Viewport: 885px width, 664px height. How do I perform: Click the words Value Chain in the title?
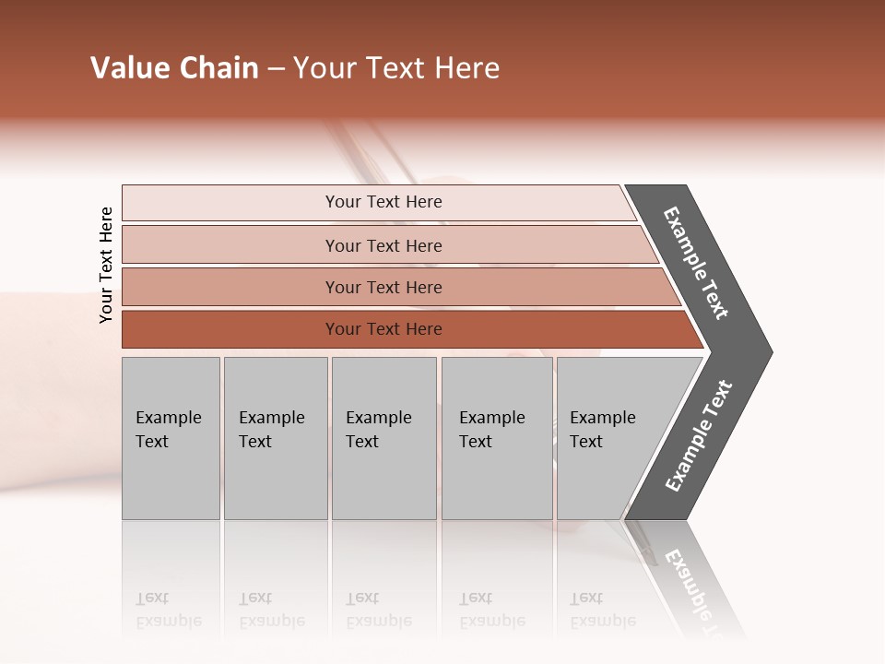click(174, 68)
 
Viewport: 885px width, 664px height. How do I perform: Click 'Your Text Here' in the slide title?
click(396, 68)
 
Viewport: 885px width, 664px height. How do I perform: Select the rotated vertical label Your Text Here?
click(106, 265)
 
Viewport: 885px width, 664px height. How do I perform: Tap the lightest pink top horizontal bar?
click(230, 203)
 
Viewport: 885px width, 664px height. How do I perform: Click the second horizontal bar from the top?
click(230, 245)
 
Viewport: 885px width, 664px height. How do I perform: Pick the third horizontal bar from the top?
click(230, 287)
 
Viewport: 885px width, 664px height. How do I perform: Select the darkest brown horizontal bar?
click(230, 329)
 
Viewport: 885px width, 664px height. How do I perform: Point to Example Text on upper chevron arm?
click(696, 263)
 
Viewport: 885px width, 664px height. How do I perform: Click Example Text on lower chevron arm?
click(699, 435)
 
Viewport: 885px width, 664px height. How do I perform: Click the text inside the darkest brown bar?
click(383, 329)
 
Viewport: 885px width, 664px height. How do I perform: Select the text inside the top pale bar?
click(383, 202)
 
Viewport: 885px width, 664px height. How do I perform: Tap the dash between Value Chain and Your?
click(276, 69)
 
